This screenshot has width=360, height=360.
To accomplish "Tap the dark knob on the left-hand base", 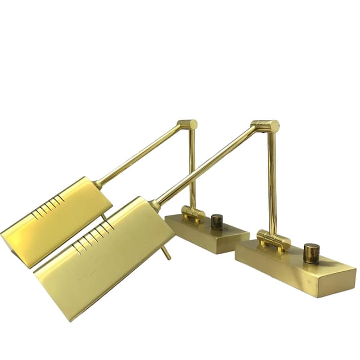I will [x=217, y=221].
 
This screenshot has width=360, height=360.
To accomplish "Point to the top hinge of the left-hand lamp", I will [x=187, y=124].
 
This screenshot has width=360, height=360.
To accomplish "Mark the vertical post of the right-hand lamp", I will [x=272, y=180].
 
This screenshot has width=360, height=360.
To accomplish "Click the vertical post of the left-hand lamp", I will [x=192, y=166].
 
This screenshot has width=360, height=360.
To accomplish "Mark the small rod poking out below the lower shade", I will [x=165, y=253].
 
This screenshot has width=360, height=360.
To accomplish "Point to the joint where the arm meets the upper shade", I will [x=99, y=183].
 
